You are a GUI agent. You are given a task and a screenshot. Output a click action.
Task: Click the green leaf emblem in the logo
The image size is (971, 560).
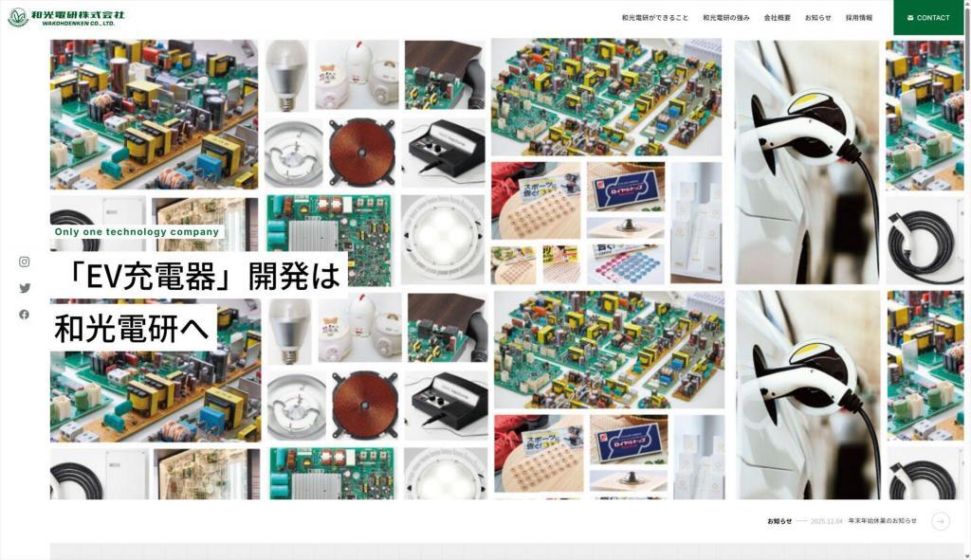click(17, 17)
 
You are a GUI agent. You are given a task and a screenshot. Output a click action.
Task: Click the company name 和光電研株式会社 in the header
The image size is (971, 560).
click(78, 14)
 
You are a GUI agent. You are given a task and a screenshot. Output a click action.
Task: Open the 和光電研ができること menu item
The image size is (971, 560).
click(655, 18)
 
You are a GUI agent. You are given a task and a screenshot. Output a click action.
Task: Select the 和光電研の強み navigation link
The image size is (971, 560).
click(726, 18)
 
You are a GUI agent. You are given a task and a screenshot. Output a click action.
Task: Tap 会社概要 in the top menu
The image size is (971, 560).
click(778, 18)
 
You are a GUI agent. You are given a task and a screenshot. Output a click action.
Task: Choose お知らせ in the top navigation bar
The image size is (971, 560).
click(818, 18)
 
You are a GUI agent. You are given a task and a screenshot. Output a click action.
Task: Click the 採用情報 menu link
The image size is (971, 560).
click(859, 18)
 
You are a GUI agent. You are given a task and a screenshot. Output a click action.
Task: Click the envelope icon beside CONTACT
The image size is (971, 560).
click(910, 18)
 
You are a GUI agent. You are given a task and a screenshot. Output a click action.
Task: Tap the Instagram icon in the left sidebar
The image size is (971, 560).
click(25, 262)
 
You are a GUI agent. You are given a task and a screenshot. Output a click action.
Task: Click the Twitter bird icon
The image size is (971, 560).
click(25, 288)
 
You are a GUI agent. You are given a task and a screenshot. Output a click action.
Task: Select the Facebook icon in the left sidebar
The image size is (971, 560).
click(25, 315)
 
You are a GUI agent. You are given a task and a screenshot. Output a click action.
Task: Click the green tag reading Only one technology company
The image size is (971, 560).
click(137, 231)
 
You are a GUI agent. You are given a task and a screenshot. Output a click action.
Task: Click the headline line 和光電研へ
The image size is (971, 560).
click(134, 327)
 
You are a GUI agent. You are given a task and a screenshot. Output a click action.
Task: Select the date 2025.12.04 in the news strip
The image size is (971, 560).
click(826, 521)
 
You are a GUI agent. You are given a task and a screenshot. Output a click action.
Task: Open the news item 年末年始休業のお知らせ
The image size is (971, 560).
click(883, 521)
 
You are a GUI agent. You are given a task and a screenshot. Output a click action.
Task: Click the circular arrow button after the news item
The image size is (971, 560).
click(941, 521)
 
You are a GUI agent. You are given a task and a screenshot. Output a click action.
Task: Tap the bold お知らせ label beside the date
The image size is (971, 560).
click(779, 521)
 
